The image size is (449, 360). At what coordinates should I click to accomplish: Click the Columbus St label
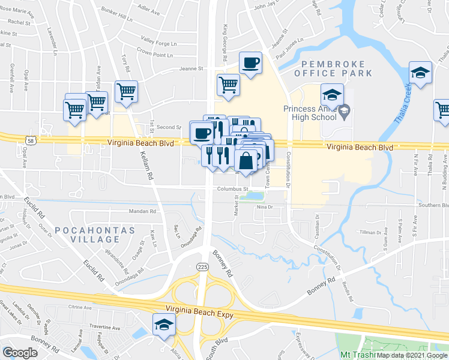click(x=231, y=189)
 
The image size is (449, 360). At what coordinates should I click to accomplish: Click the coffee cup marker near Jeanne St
click(x=250, y=63)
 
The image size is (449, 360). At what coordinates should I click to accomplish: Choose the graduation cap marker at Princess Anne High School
click(x=331, y=95)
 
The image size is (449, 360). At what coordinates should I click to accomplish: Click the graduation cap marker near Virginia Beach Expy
click(x=163, y=325)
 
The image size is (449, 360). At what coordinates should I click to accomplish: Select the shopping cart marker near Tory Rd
click(x=126, y=91)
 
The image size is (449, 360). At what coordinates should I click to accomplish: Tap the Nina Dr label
click(x=265, y=208)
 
